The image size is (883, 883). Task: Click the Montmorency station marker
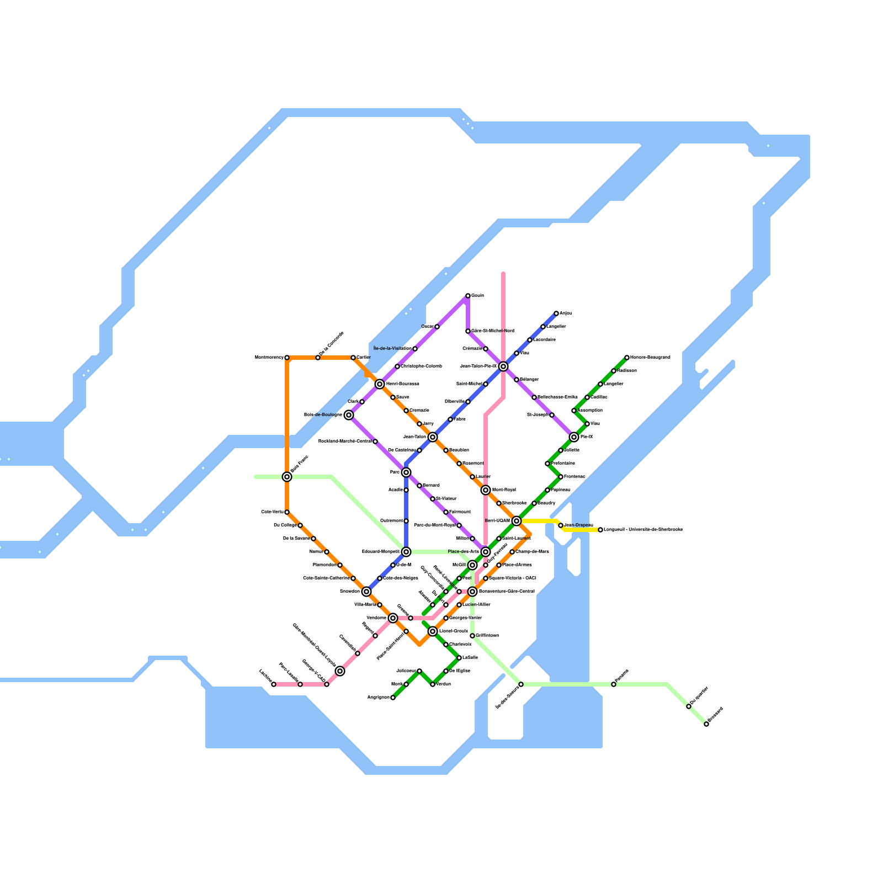(287, 358)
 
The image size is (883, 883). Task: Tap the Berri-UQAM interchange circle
(517, 521)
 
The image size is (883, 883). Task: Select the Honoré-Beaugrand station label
(650, 358)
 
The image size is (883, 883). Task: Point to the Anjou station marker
(556, 313)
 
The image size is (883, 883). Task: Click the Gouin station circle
(468, 296)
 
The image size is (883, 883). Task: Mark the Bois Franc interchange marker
(287, 477)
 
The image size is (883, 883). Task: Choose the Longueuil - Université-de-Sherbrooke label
(643, 530)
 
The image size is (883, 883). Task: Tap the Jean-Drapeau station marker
(561, 525)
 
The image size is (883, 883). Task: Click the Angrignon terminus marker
(393, 698)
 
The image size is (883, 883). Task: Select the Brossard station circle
(706, 724)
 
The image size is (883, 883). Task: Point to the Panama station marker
(614, 684)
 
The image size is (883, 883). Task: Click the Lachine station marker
(274, 684)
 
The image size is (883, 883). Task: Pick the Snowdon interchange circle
(366, 592)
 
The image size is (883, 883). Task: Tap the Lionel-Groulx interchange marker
(433, 631)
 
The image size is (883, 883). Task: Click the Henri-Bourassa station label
(402, 384)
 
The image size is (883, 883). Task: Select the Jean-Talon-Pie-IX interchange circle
(503, 366)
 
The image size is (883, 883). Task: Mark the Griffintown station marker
(472, 636)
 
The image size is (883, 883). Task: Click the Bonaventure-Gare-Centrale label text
(507, 592)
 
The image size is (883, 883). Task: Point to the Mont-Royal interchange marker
(486, 490)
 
